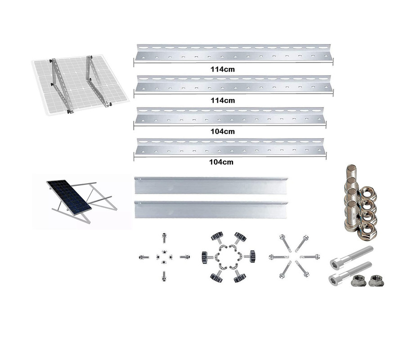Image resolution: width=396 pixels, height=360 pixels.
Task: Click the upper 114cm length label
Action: pyautogui.click(x=222, y=69)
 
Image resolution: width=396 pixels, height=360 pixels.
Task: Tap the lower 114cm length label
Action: pyautogui.click(x=223, y=100)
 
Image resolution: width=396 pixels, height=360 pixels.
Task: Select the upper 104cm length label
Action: pyautogui.click(x=222, y=131)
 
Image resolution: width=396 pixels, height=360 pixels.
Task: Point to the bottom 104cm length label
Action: pyautogui.click(x=221, y=162)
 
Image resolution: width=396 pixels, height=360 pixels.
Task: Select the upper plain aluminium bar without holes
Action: pyautogui.click(x=211, y=185)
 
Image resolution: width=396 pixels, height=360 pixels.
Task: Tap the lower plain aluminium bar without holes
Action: pyautogui.click(x=211, y=209)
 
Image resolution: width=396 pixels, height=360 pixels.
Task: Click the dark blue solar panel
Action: pyautogui.click(x=69, y=196)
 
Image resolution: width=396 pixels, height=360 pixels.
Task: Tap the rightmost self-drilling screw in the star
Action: pyautogui.click(x=310, y=257)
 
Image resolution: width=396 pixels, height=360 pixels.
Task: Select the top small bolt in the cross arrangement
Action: pyautogui.click(x=164, y=238)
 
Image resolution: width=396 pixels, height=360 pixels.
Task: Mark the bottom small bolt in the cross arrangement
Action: pyautogui.click(x=164, y=276)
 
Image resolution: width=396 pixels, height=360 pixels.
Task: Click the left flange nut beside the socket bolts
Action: pyautogui.click(x=358, y=281)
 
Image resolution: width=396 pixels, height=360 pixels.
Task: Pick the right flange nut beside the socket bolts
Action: pyautogui.click(x=376, y=280)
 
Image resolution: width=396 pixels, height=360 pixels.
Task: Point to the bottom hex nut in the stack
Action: pyautogui.click(x=368, y=231)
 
